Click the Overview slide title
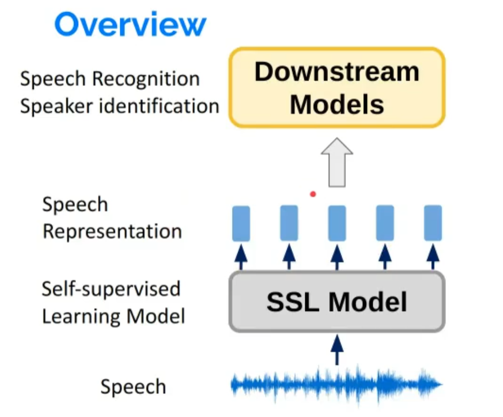pos(130,24)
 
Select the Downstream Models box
pos(337,88)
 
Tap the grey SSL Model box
pos(337,302)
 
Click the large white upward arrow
pos(337,162)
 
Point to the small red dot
pos(313,194)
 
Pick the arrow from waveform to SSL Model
pos(337,349)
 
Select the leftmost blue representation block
pos(241,223)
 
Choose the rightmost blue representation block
pos(433,223)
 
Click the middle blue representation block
pos(337,223)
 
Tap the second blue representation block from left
pos(289,223)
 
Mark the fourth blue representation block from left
pos(385,223)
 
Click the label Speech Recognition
pos(110,79)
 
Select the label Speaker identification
pos(119,106)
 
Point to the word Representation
pos(112,231)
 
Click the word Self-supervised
pos(111,289)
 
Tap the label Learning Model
pos(113,317)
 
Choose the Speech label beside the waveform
pos(133,387)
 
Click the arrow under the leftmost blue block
pos(241,257)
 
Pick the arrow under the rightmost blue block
pos(433,257)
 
